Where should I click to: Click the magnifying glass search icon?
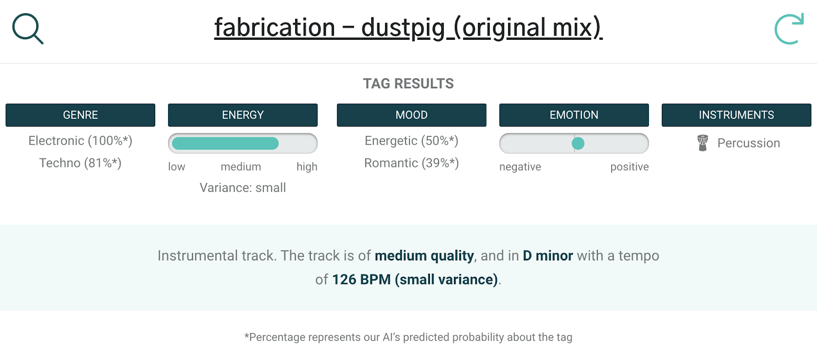pos(28,29)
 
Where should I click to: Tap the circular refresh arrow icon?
pos(788,29)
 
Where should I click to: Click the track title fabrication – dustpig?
pos(408,28)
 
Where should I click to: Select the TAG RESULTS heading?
pos(408,84)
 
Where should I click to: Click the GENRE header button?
pos(80,115)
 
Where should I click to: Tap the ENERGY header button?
pos(243,115)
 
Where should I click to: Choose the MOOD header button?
pos(412,115)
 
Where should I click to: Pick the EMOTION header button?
pos(574,115)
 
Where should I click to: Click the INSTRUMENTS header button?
pos(736,115)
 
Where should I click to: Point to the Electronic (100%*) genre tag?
pos(80,141)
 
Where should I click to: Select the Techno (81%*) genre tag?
pos(80,163)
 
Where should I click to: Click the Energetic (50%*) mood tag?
pos(412,141)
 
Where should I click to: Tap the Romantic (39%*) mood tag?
pos(412,163)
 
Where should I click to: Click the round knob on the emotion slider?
pos(578,143)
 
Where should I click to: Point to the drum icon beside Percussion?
pos(703,143)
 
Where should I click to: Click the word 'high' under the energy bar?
pos(307,166)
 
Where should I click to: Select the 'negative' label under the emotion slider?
pos(520,166)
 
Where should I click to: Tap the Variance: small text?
pos(243,188)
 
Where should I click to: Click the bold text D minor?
pos(548,256)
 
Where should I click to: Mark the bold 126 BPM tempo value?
pos(361,280)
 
